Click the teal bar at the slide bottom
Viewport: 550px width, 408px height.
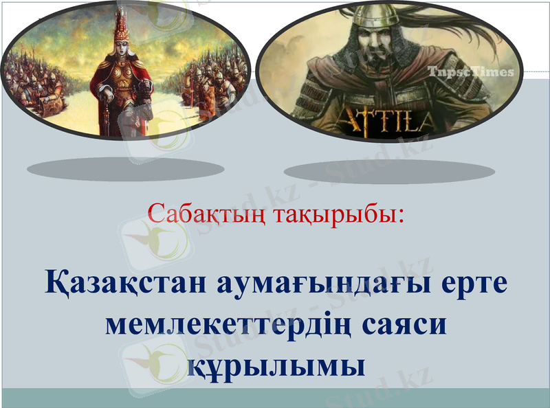[x=275, y=398]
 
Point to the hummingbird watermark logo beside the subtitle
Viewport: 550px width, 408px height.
[x=155, y=237]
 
